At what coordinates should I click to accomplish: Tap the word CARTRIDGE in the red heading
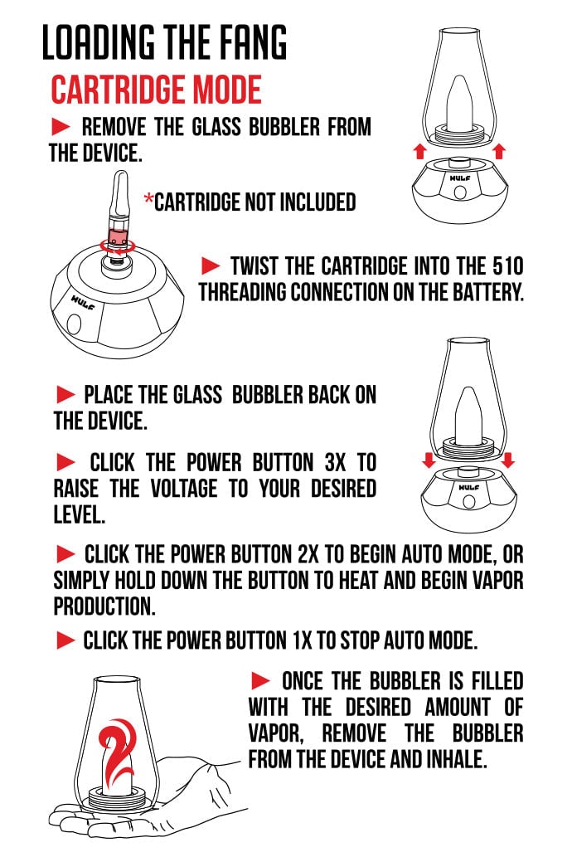click(x=119, y=90)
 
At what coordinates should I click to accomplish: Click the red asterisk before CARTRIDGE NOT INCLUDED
click(x=148, y=198)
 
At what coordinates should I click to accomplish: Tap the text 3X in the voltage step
click(x=335, y=463)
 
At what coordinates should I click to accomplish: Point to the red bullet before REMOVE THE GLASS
click(x=61, y=127)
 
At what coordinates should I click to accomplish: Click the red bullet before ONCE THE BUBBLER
click(x=260, y=681)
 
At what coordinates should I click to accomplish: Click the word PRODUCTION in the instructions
click(x=104, y=606)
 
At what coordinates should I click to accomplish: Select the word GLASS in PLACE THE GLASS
click(x=197, y=395)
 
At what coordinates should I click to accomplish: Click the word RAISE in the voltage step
click(x=76, y=489)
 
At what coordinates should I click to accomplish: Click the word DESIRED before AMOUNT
click(x=378, y=707)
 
